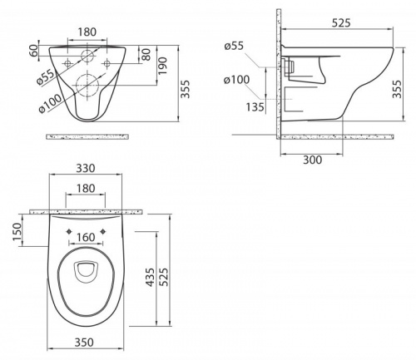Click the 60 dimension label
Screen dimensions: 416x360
33,50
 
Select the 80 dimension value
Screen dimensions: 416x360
146,54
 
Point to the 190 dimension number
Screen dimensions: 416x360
163,66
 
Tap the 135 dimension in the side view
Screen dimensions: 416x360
255,106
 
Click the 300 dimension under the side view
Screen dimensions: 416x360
313,160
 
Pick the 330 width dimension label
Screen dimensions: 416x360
86,168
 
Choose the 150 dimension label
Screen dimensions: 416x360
17,232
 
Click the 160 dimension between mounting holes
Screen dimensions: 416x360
86,237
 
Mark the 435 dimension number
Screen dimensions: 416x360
150,277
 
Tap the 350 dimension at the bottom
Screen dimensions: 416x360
84,343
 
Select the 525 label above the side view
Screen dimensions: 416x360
341,23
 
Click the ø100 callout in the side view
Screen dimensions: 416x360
237,80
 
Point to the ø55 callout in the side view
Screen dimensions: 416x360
234,46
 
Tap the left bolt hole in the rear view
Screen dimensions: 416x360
67,63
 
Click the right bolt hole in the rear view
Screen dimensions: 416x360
107,63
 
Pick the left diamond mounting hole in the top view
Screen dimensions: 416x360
68,231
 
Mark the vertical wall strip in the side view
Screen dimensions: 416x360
279,73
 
